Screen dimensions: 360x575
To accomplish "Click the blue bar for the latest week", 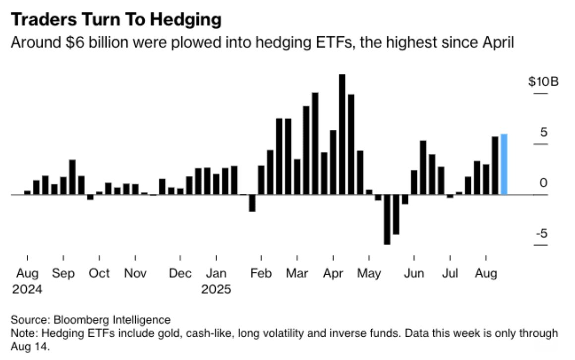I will (504, 164).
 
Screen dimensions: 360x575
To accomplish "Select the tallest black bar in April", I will (342, 134).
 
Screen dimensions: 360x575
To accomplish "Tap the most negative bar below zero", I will (387, 219).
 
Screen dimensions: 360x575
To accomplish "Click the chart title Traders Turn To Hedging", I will (115, 20).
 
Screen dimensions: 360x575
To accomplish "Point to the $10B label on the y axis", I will (543, 81).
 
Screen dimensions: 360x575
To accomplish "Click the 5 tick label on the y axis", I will (543, 132).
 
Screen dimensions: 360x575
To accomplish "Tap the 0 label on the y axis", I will (544, 183).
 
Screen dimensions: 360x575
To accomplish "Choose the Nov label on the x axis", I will (135, 273).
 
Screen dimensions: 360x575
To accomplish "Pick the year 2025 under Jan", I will (216, 289).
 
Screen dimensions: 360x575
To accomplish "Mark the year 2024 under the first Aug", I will (27, 289).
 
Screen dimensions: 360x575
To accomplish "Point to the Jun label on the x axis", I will (413, 273).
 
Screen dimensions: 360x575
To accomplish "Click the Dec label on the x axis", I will (180, 273).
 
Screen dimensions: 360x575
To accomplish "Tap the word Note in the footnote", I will (21, 333).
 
